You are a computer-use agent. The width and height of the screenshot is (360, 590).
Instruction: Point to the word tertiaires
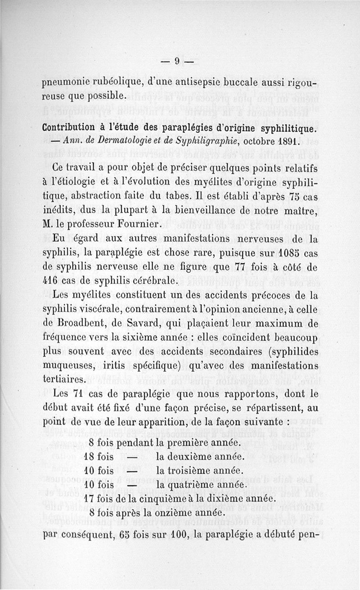(63, 380)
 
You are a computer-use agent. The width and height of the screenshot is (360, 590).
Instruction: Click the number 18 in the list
(91, 456)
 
